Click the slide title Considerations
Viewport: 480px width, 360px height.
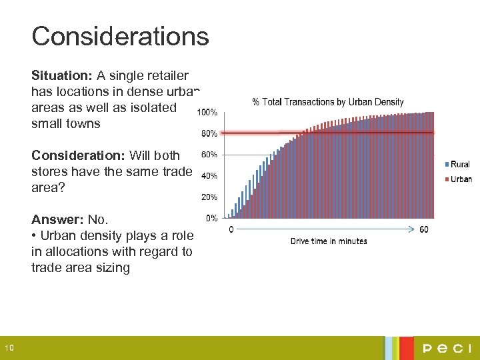coord(120,36)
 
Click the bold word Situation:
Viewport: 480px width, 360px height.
coord(62,75)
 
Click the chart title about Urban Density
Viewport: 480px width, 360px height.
coord(327,102)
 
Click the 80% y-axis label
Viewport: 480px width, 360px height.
coord(209,133)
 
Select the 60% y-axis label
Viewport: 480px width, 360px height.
coord(209,155)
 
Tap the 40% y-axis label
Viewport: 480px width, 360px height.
coord(209,176)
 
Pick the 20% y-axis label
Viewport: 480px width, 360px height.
coord(209,197)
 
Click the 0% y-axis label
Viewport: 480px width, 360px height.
coord(211,218)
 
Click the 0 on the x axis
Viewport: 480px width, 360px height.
coord(231,229)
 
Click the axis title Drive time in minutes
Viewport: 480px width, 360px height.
coord(328,241)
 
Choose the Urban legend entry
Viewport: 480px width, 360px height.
coord(459,179)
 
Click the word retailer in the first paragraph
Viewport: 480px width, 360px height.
coord(167,75)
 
